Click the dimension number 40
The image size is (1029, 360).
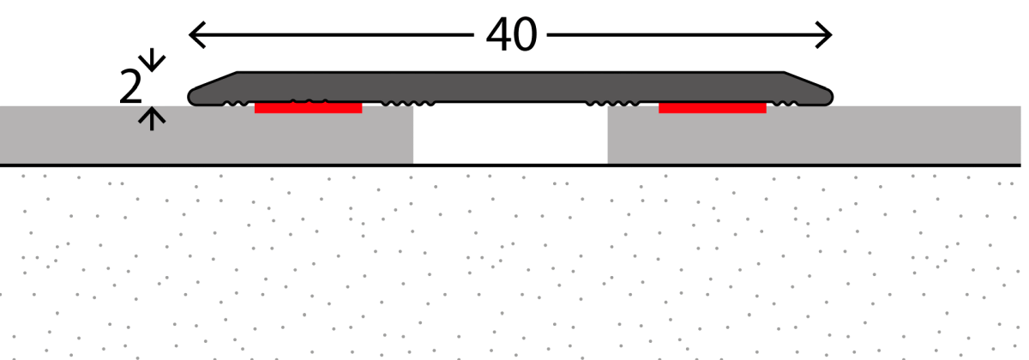click(511, 35)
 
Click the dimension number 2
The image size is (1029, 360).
click(130, 88)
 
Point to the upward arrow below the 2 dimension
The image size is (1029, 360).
click(153, 117)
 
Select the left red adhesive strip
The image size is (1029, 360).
click(308, 108)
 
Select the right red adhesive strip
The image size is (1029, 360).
click(712, 108)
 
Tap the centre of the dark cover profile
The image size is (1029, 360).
click(510, 88)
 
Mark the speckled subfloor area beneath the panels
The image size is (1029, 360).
click(514, 266)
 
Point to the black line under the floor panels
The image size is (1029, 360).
click(514, 165)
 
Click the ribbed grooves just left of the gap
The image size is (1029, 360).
click(398, 105)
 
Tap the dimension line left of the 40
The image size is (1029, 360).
click(334, 35)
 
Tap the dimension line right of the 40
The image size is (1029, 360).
click(686, 35)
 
